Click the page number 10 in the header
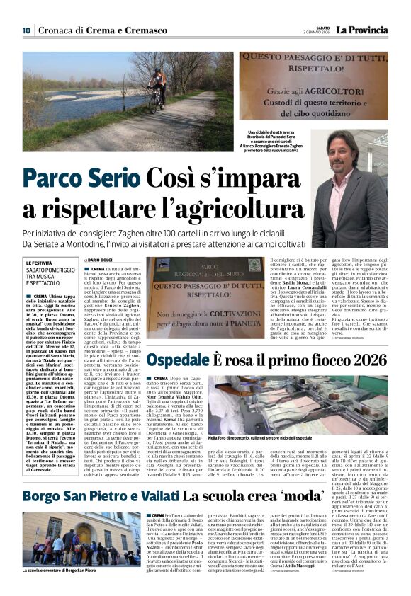(26, 30)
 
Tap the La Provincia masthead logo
(361, 30)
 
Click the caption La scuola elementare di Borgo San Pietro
(59, 570)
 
